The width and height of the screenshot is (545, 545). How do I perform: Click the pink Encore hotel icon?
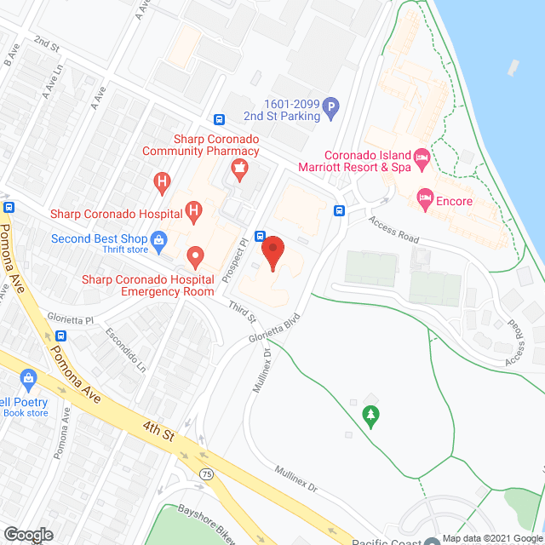click(x=423, y=198)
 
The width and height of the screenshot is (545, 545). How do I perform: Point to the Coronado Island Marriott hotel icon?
click(x=420, y=158)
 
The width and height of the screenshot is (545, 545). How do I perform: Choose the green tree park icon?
click(x=370, y=415)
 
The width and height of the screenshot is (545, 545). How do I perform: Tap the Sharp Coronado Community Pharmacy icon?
click(x=240, y=168)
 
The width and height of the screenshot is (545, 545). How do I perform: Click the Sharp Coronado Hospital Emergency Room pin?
click(x=195, y=255)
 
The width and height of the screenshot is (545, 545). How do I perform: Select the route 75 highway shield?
click(x=206, y=473)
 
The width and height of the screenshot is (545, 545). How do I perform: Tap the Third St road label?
click(x=242, y=313)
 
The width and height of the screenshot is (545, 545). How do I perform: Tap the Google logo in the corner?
click(x=27, y=534)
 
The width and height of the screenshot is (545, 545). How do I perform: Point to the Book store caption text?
click(x=26, y=414)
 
